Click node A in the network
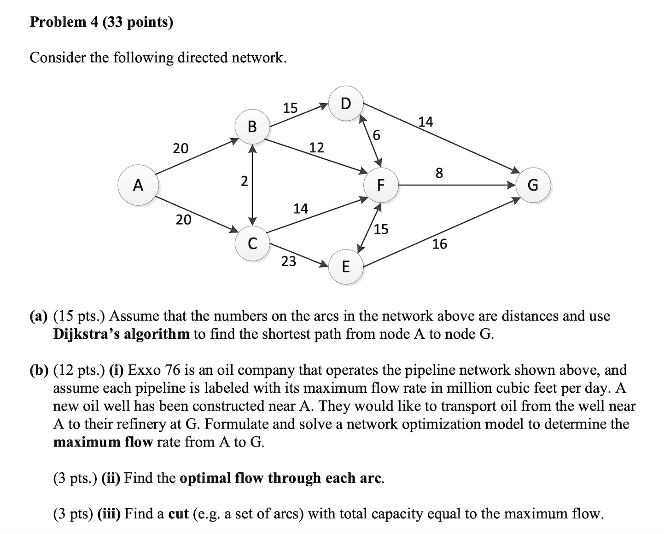tap(138, 185)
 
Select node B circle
tap(252, 126)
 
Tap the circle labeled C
tap(252, 243)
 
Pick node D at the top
tap(346, 104)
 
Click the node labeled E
tap(346, 266)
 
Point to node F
tap(380, 185)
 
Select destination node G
tap(532, 185)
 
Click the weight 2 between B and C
tap(245, 181)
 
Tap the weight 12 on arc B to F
tap(316, 148)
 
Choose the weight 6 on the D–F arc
tap(377, 135)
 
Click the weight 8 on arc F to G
tap(439, 173)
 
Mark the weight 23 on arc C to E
tap(289, 261)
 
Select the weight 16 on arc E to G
tap(439, 244)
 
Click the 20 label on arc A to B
tap(181, 148)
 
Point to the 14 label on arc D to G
tap(425, 122)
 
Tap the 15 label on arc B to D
tap(290, 108)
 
